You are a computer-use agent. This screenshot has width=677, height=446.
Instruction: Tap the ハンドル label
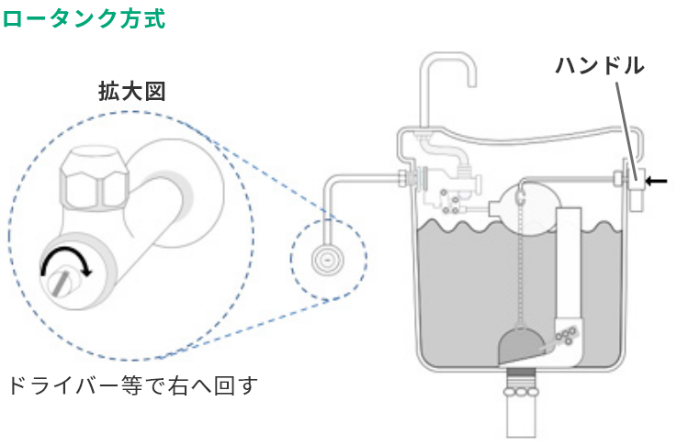click(x=599, y=66)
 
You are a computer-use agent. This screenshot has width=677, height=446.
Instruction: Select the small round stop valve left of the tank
click(x=325, y=260)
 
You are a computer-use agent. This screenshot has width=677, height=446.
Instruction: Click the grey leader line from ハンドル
click(x=625, y=119)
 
